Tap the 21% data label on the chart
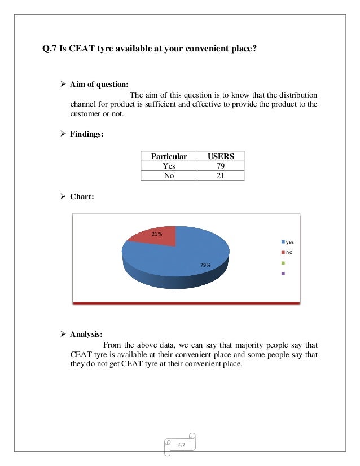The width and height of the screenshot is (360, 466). (x=156, y=234)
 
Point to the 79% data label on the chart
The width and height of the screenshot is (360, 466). (x=204, y=265)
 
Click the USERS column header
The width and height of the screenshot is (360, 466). (x=220, y=156)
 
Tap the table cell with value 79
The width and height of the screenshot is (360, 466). (x=220, y=166)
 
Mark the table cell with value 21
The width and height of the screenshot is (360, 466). (x=220, y=175)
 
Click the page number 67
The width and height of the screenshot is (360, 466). (x=182, y=446)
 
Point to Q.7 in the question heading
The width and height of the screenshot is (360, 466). (x=51, y=49)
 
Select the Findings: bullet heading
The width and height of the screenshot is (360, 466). (x=86, y=134)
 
